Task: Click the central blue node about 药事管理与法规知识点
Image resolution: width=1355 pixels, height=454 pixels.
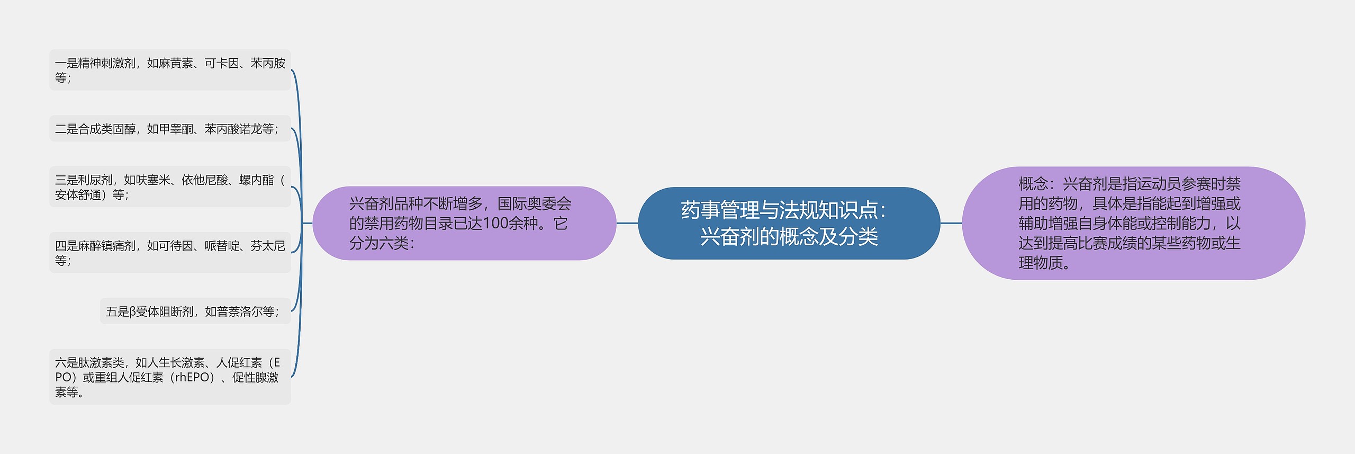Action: [789, 223]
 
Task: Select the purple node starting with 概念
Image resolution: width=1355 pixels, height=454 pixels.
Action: [1133, 223]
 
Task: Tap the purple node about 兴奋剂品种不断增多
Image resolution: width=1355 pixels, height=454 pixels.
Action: [464, 223]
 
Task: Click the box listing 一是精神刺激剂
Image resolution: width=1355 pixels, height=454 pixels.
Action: [170, 70]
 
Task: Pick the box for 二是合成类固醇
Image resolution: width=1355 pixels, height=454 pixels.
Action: [170, 129]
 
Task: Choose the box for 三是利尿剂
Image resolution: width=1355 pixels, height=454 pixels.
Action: [170, 187]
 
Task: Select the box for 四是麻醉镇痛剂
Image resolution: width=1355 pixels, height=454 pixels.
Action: [170, 253]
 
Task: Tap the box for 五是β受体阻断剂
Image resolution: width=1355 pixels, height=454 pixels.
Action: [195, 311]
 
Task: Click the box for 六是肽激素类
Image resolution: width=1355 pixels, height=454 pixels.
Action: [170, 377]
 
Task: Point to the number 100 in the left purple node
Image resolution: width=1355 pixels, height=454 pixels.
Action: [495, 224]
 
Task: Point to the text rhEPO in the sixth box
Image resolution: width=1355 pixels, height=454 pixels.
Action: [194, 378]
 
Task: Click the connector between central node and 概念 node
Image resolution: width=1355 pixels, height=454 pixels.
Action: [951, 223]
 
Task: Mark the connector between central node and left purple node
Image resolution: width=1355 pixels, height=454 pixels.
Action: [627, 223]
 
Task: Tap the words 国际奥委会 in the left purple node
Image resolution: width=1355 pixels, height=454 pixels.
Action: [535, 204]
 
